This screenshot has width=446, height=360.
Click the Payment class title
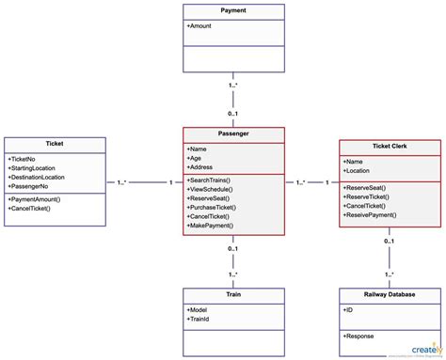click(x=232, y=10)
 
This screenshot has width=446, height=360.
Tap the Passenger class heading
click(x=232, y=134)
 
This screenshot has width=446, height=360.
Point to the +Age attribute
click(x=197, y=159)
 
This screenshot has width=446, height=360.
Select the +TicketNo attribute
click(x=23, y=159)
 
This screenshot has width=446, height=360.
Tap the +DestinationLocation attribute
click(x=37, y=177)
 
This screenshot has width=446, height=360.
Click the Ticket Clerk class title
click(x=388, y=146)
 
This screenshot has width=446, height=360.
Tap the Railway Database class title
click(x=388, y=294)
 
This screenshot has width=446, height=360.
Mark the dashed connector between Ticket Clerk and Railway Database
click(x=388, y=257)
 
